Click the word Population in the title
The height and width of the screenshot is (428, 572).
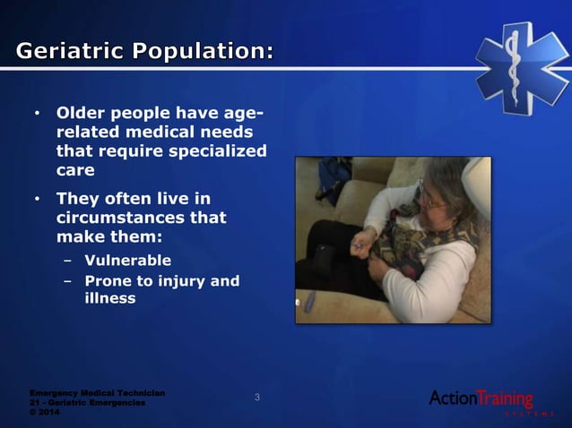202,53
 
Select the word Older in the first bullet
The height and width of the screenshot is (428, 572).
82,115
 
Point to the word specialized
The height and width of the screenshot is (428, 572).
215,150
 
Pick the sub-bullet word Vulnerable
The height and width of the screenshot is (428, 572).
127,261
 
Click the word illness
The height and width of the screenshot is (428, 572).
110,298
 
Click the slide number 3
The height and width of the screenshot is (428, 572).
258,397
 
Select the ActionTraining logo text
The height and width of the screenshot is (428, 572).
481,398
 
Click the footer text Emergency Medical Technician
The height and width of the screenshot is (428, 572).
96,392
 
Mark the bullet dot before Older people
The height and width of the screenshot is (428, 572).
37,116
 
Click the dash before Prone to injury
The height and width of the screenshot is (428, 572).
67,281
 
